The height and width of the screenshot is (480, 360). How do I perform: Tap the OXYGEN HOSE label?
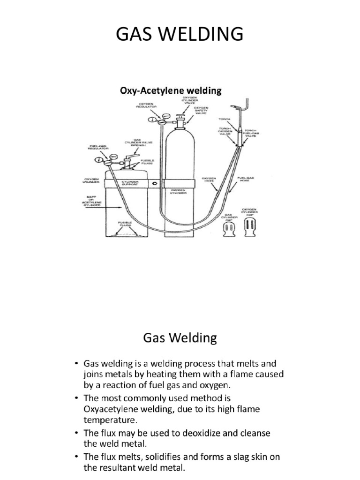[208, 179]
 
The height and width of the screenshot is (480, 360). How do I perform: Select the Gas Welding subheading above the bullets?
[180, 337]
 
